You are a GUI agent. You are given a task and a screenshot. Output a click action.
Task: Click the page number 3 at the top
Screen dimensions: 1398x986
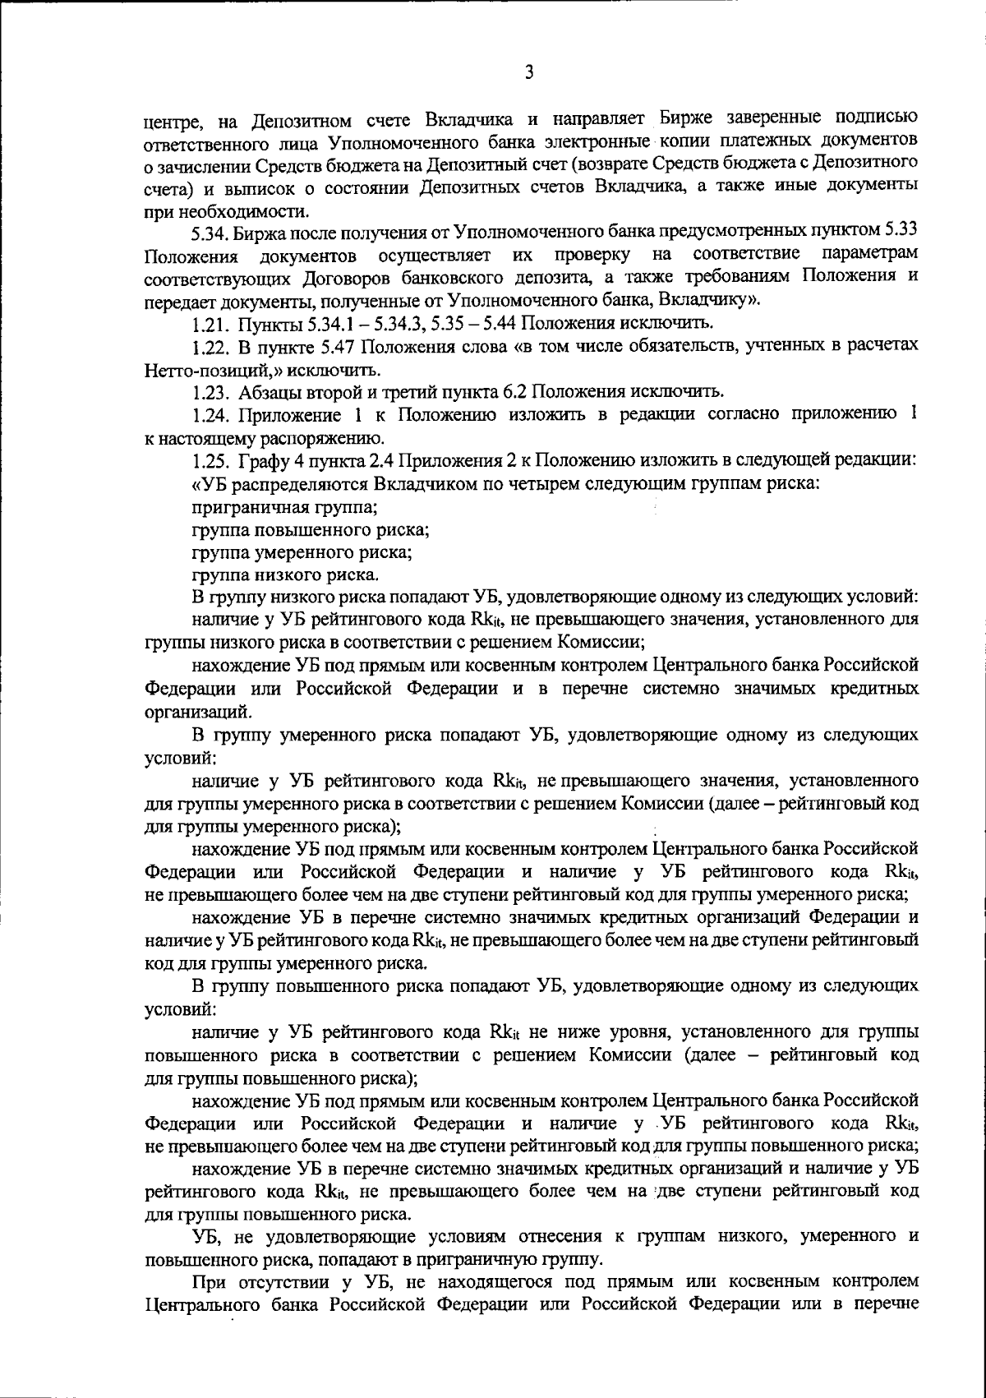[x=529, y=73]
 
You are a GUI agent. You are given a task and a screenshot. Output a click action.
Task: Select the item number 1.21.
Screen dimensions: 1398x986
[x=208, y=320]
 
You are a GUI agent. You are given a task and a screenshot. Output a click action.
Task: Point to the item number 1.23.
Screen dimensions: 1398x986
[x=208, y=390]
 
